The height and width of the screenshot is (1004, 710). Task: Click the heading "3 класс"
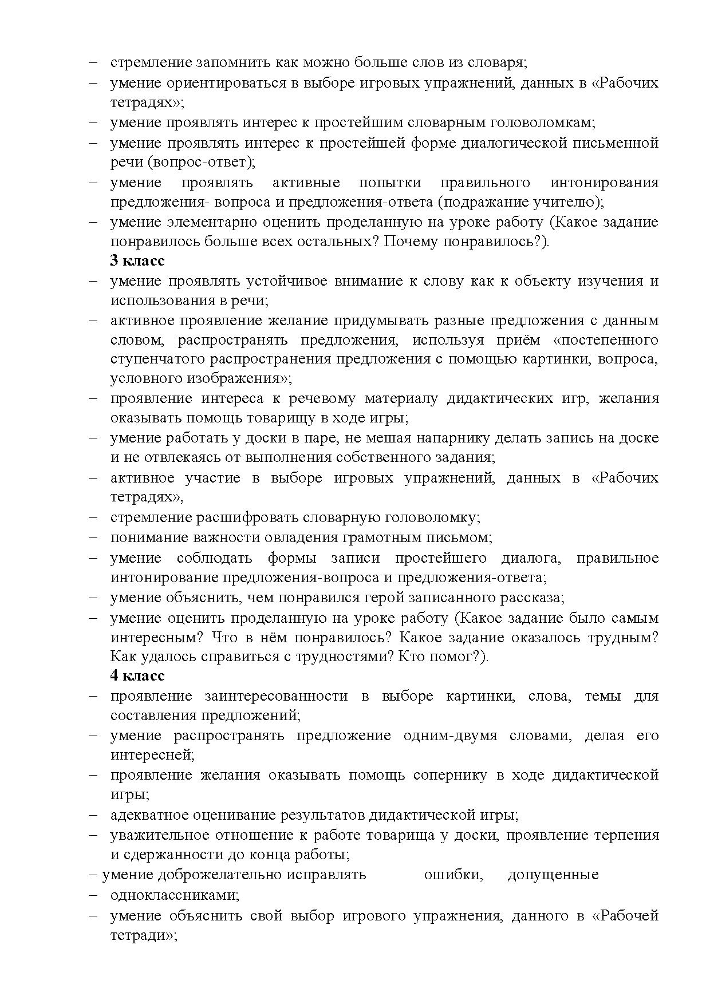[x=137, y=261]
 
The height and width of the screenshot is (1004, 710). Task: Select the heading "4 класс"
[x=137, y=676]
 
